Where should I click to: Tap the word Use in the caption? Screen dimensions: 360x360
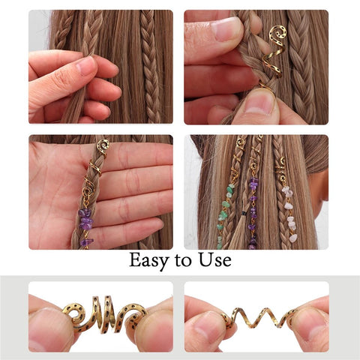click(x=213, y=261)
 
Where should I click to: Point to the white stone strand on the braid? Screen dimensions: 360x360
click(x=289, y=214)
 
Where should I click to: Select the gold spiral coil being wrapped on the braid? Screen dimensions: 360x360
click(x=274, y=49)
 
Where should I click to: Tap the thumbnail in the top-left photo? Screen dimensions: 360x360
click(x=85, y=67)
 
